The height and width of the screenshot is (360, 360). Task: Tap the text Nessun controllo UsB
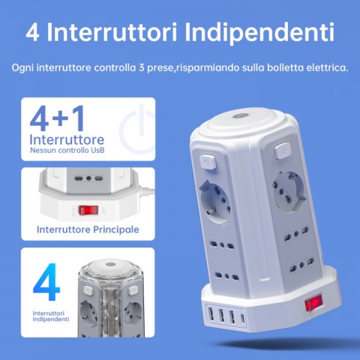tap(67, 150)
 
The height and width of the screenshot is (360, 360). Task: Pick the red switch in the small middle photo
tap(89, 211)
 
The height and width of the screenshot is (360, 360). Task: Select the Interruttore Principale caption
tap(88, 229)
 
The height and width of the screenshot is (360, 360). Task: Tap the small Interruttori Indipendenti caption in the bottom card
tap(50, 316)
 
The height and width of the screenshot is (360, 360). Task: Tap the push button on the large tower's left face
tap(206, 161)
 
